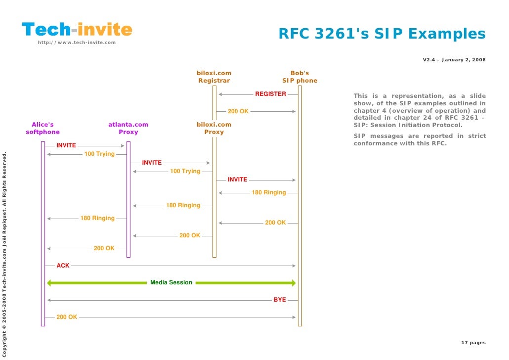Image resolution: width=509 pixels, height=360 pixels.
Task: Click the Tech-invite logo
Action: pyautogui.click(x=77, y=30)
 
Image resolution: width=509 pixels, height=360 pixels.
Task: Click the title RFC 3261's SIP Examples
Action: pyautogui.click(x=382, y=34)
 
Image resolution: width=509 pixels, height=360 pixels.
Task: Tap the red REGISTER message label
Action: pyautogui.click(x=270, y=94)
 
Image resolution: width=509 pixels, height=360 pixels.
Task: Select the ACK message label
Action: pyautogui.click(x=63, y=266)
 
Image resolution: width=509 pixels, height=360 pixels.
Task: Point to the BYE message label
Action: pyautogui.click(x=280, y=300)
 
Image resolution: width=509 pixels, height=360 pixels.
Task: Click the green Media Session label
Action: pyautogui.click(x=171, y=282)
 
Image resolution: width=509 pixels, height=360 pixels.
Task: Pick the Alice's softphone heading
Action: pyautogui.click(x=42, y=129)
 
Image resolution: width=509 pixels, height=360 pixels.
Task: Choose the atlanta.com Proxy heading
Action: pyautogui.click(x=128, y=129)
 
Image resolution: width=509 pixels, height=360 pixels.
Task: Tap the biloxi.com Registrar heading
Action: pyautogui.click(x=214, y=77)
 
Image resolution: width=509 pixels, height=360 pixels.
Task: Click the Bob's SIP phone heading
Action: pyautogui.click(x=300, y=77)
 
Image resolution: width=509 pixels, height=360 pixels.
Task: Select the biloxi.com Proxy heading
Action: pyautogui.click(x=214, y=129)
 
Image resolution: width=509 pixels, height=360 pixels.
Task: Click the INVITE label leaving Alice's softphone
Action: pyautogui.click(x=66, y=145)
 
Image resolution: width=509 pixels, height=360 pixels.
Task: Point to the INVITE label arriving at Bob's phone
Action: pyautogui.click(x=238, y=180)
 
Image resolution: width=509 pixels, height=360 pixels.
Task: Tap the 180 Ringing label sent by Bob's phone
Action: pyautogui.click(x=269, y=192)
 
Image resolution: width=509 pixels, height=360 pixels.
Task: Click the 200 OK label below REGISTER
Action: pyautogui.click(x=238, y=111)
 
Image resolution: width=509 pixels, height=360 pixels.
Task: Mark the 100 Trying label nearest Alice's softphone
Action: pyautogui.click(x=99, y=154)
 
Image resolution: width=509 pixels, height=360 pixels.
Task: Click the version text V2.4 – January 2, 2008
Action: pyautogui.click(x=454, y=60)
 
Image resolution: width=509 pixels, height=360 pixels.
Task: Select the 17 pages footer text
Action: pyautogui.click(x=473, y=343)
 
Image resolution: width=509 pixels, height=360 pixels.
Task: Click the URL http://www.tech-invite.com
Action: pyautogui.click(x=77, y=43)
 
